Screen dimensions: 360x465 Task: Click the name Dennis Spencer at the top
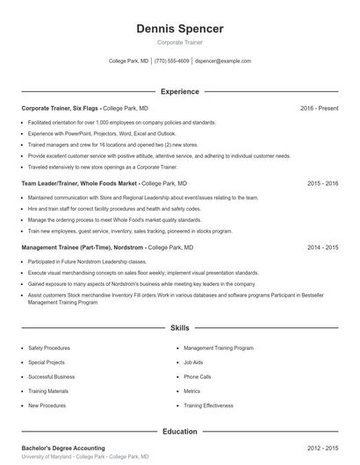[x=180, y=29]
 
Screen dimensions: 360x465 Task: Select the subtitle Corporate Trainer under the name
[x=180, y=43]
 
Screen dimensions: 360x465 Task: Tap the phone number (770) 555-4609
[x=172, y=61]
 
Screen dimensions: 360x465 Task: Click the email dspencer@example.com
[x=223, y=61]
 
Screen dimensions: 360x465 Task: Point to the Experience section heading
[x=180, y=91]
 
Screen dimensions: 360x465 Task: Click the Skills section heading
[x=180, y=327]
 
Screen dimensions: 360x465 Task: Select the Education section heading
[x=180, y=432]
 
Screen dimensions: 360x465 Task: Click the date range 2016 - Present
[x=319, y=108]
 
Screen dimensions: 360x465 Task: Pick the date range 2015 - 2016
[x=322, y=184]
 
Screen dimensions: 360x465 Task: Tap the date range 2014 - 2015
[x=322, y=248]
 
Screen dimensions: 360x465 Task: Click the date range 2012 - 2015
[x=322, y=448]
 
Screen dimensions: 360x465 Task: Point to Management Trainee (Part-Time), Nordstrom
[x=83, y=248]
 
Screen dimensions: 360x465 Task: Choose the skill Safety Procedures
[x=49, y=347]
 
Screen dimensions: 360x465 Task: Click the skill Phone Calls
[x=198, y=376]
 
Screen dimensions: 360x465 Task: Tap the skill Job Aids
[x=193, y=361]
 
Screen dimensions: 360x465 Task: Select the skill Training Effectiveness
[x=208, y=405]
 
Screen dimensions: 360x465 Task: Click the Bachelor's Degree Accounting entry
[x=63, y=448]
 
